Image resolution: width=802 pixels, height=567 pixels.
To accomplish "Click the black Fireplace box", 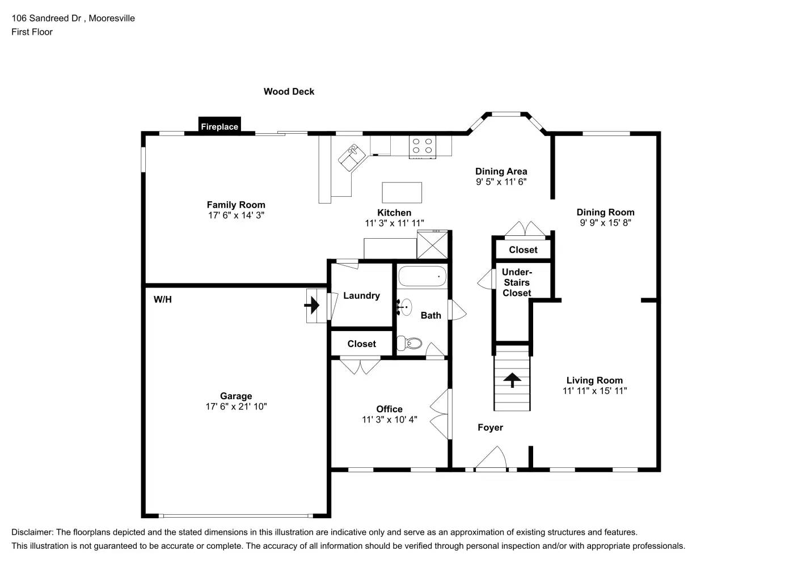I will [220, 126].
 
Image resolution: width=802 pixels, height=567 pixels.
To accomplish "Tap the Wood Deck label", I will [289, 91].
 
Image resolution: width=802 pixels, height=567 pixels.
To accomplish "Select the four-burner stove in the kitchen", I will [422, 146].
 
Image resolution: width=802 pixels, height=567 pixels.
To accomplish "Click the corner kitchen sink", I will [352, 156].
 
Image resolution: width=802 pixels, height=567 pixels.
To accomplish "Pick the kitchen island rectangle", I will [402, 192].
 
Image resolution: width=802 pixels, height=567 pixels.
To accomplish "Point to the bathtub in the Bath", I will [422, 276].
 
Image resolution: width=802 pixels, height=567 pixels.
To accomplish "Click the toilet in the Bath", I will [410, 343].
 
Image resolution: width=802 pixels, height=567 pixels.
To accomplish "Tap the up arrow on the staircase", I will [513, 379].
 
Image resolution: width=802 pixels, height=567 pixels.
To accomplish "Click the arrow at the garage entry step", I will [312, 306].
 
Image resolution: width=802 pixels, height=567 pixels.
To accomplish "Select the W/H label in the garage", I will [162, 299].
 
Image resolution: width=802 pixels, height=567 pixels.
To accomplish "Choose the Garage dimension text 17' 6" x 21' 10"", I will [236, 407].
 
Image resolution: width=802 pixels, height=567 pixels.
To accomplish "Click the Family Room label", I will [236, 205].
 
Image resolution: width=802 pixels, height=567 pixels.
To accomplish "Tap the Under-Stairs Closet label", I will [517, 282].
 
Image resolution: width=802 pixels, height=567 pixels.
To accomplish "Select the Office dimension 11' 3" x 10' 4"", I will [390, 420].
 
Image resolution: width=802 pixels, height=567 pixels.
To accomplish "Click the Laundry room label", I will [361, 295].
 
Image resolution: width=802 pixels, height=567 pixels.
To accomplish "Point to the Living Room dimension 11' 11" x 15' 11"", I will [594, 391].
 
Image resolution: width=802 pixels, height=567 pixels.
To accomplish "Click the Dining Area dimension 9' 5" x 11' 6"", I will [501, 182].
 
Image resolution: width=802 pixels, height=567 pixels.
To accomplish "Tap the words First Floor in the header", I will [32, 32].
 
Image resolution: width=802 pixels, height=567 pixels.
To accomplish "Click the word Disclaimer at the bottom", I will [32, 532].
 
